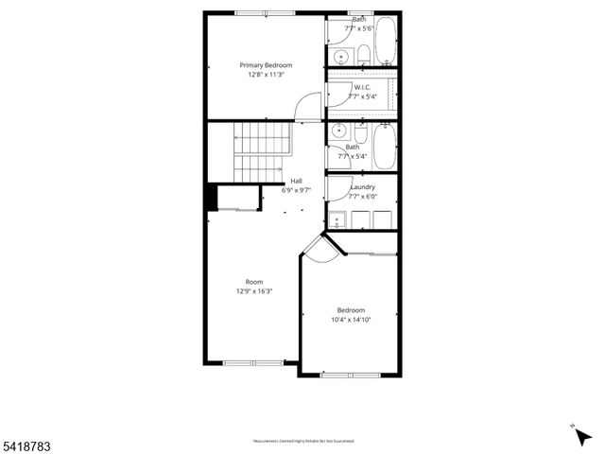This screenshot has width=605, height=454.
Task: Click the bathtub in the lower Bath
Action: [384, 148]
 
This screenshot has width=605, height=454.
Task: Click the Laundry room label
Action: [362, 187]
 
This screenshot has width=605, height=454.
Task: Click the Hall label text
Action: [296, 181]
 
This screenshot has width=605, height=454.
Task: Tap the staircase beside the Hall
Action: [258, 151]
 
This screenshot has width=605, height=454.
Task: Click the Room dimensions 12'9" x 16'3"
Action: [254, 291]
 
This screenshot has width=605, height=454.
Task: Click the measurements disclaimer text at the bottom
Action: [302, 441]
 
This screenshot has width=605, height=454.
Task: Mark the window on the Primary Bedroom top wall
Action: [263, 13]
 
